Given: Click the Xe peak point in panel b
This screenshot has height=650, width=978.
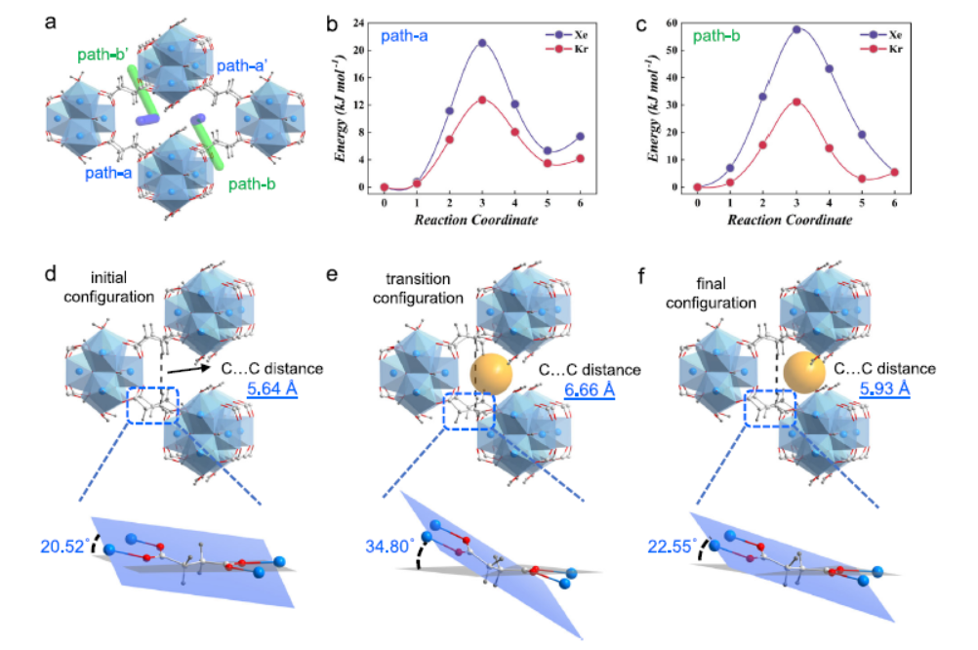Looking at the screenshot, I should tap(482, 43).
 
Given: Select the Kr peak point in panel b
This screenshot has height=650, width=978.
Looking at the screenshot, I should tap(482, 100).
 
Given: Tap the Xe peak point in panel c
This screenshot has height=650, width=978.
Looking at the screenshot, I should tap(796, 29).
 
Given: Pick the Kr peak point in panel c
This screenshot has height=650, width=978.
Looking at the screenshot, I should tap(796, 102).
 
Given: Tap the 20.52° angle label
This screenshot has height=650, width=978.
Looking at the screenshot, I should tap(64, 546).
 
